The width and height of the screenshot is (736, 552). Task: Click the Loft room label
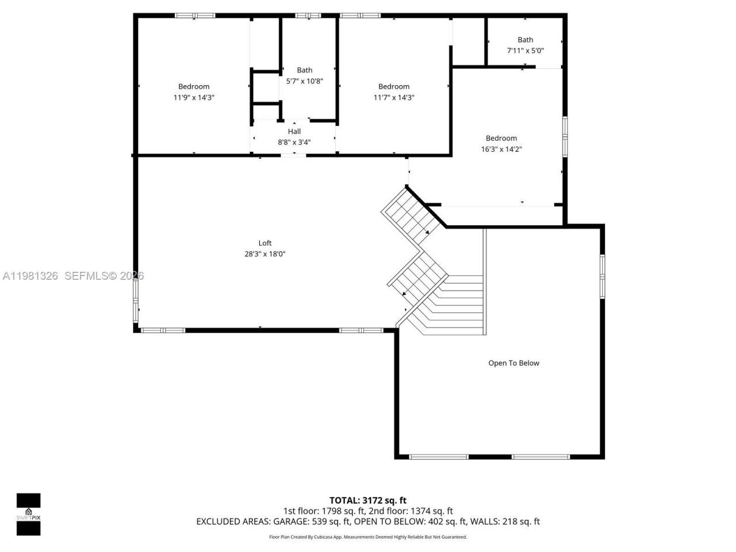point(264,243)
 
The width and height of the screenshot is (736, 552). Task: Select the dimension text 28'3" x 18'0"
point(264,254)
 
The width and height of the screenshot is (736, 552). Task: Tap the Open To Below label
point(513,363)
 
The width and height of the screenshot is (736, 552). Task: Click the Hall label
point(294,132)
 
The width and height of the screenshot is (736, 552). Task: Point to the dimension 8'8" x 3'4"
point(294,142)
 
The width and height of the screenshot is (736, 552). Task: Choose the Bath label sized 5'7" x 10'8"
point(304,71)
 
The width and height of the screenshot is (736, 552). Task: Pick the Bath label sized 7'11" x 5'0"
point(525,40)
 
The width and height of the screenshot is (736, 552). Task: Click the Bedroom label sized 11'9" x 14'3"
point(194,87)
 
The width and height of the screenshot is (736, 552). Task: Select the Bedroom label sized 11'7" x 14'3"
point(394,87)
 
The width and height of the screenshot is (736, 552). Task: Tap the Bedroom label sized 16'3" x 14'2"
point(501,138)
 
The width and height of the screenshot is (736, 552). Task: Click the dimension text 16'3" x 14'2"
point(501,149)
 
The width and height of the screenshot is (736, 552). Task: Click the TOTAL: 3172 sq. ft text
point(367,500)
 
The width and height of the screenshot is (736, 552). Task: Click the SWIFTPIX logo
point(28,514)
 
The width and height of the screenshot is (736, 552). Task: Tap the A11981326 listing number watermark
point(30,276)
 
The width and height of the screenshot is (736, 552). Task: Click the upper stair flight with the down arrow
point(412,214)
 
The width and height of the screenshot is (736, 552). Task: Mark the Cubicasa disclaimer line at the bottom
point(367,537)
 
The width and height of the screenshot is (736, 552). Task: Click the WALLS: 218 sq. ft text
point(505,522)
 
